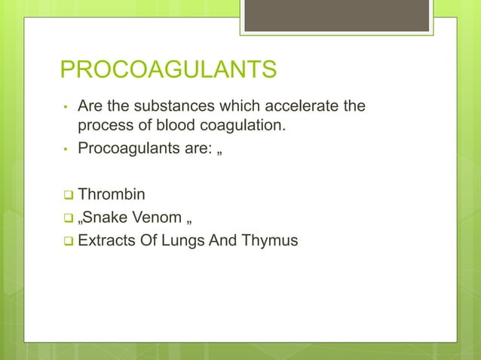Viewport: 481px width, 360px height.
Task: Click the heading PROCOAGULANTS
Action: pos(168,71)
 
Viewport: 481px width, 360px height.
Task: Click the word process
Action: pos(103,124)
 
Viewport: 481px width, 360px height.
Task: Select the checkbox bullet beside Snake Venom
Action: pos(66,219)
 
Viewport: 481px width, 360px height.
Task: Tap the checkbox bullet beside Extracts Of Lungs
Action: pos(66,242)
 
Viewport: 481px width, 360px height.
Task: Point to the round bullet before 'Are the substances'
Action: pos(66,107)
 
